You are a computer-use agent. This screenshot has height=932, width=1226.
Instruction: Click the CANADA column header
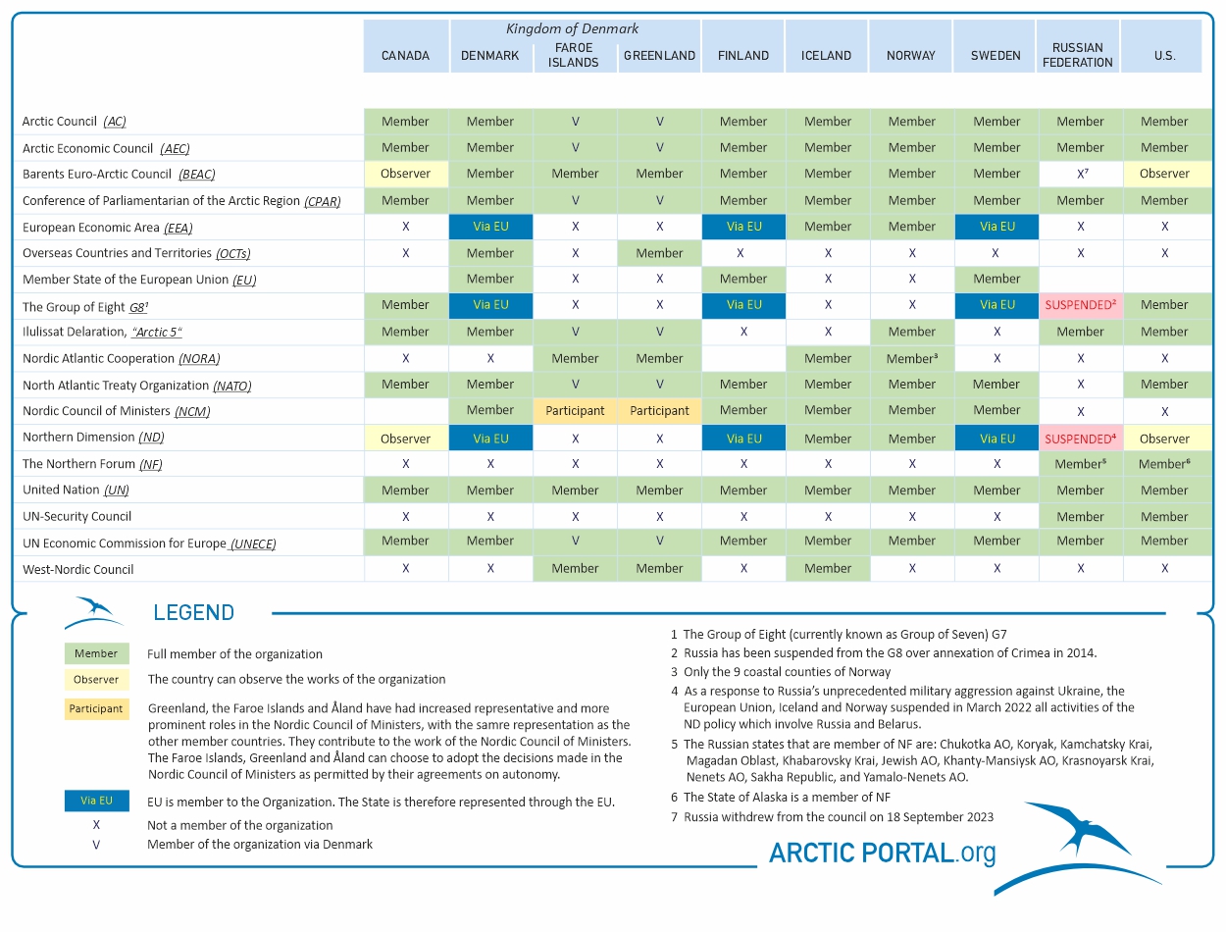(x=405, y=56)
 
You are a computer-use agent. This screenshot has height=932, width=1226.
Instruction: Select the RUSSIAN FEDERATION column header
(x=1080, y=55)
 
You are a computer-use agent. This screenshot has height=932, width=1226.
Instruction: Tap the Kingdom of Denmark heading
(x=572, y=28)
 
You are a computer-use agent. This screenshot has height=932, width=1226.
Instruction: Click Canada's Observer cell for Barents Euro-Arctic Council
(x=405, y=174)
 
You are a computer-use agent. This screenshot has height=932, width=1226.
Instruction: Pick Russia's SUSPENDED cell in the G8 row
(x=1080, y=305)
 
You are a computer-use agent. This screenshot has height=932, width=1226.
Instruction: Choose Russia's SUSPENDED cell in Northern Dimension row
(x=1080, y=439)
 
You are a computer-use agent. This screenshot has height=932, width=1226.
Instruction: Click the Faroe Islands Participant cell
(x=575, y=411)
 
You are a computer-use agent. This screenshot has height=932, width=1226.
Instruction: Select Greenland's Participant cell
(x=659, y=411)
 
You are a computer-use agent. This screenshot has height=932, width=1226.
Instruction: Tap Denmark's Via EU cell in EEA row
(x=490, y=227)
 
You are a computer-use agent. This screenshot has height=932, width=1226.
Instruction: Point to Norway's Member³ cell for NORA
(x=912, y=359)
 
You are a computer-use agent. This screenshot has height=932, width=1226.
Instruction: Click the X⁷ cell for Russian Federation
(x=1080, y=174)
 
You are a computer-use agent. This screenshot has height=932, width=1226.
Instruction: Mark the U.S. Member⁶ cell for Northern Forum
(x=1164, y=464)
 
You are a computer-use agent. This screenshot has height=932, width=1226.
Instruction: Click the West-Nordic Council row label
(x=77, y=569)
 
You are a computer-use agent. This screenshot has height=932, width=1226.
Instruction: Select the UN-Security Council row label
(x=77, y=516)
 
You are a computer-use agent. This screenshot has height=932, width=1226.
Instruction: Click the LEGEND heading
(x=193, y=613)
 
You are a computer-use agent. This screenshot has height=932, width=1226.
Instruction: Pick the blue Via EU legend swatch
(x=96, y=801)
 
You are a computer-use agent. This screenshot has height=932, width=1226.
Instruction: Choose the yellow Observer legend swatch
(x=96, y=679)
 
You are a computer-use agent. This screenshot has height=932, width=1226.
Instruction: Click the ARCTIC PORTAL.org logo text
(x=882, y=853)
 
